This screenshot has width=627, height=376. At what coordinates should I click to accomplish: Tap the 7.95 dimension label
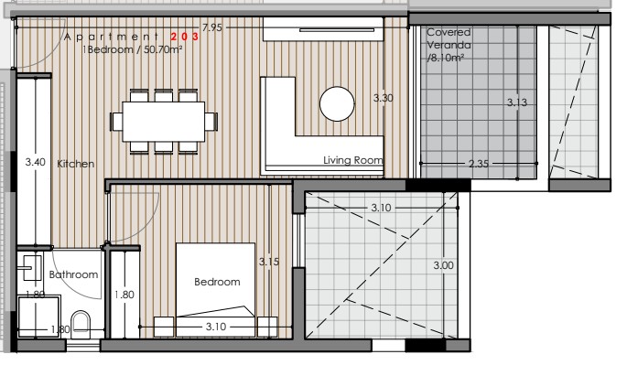212,28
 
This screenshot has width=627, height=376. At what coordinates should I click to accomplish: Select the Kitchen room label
75,164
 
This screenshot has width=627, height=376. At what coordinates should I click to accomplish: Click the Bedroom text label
217,282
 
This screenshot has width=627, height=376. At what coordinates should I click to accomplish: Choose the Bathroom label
73,274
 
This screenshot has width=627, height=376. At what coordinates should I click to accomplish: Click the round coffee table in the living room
336,102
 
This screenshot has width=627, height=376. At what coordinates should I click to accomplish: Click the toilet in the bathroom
81,323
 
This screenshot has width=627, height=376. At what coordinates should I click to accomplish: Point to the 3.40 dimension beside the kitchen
36,162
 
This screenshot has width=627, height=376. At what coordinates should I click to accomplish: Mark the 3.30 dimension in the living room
384,97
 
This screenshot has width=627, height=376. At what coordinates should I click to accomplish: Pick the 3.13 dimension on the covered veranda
517,103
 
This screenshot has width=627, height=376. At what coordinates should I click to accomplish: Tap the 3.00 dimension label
442,265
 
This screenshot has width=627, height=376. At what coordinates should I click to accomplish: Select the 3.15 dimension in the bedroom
268,262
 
